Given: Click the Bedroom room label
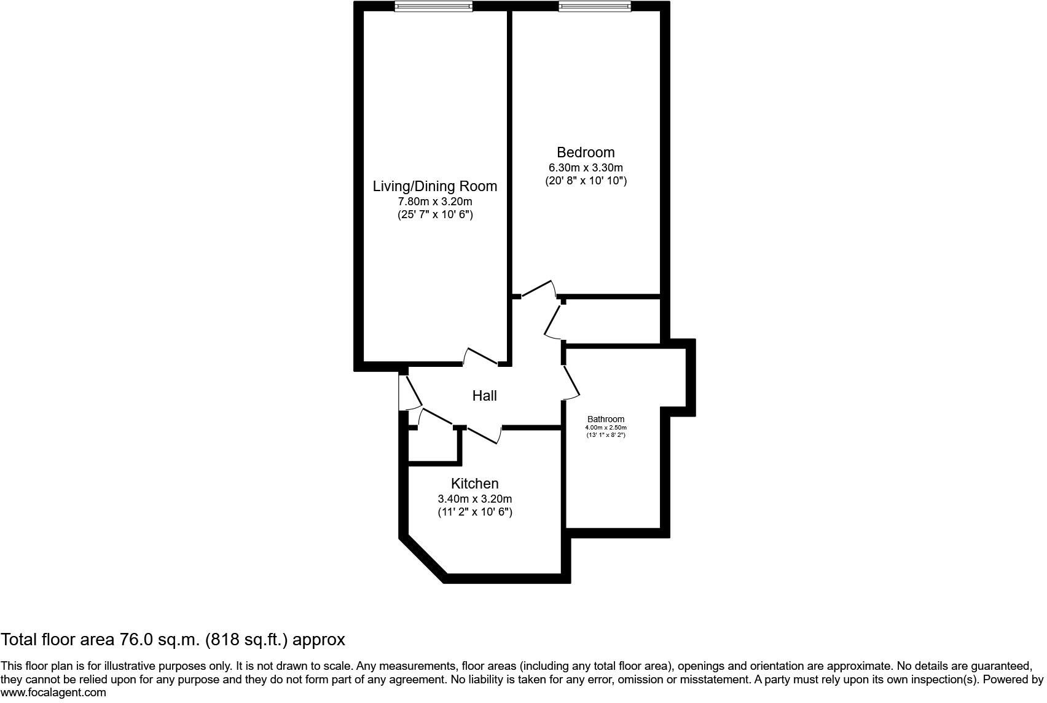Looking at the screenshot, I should pos(585,152).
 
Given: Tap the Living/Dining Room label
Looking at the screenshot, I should pos(434,186).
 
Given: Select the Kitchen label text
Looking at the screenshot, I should pos(474,484).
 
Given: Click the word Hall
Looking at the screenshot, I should pos(484,396).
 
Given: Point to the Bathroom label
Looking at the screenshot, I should pos(605,419).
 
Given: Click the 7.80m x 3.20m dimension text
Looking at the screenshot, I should pos(434,202).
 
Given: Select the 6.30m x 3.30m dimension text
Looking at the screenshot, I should pos(585,168).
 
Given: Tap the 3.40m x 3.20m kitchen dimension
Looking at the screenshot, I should pos(474,499).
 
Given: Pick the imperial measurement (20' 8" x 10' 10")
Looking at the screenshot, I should pos(586,181).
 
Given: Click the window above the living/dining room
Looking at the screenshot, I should pos(433,6).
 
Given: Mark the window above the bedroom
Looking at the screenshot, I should pos(594,6).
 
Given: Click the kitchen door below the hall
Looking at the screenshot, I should pos(484,434).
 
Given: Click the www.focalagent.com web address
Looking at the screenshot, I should pos(53,693).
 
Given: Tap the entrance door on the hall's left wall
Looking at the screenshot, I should pos(409,392).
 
